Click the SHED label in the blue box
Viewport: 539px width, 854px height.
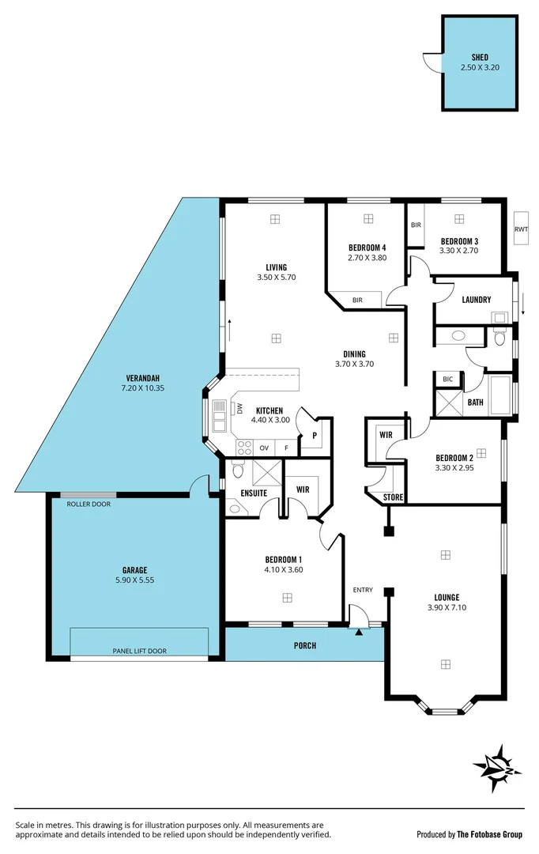pos(480,57)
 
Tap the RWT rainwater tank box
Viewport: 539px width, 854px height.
pos(521,229)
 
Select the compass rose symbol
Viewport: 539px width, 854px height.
pos(497,767)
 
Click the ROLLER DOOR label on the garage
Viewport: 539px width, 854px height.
pos(89,504)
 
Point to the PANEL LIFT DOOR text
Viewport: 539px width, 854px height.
pos(138,651)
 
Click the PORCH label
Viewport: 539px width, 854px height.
pos(305,645)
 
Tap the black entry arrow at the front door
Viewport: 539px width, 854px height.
pos(360,631)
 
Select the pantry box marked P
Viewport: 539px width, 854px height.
pos(315,436)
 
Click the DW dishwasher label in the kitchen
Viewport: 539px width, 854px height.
pos(239,408)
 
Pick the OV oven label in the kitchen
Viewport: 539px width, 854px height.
pos(264,448)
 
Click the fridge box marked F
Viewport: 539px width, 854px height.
pos(286,448)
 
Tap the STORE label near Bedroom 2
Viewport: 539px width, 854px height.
pos(392,497)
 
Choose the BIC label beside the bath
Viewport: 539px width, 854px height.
pos(447,380)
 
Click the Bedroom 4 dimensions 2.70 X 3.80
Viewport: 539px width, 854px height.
pos(367,257)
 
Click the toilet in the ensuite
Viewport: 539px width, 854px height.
pos(237,472)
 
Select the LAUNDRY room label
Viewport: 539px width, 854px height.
pos(477,300)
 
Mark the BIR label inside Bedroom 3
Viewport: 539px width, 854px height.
pos(416,225)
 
